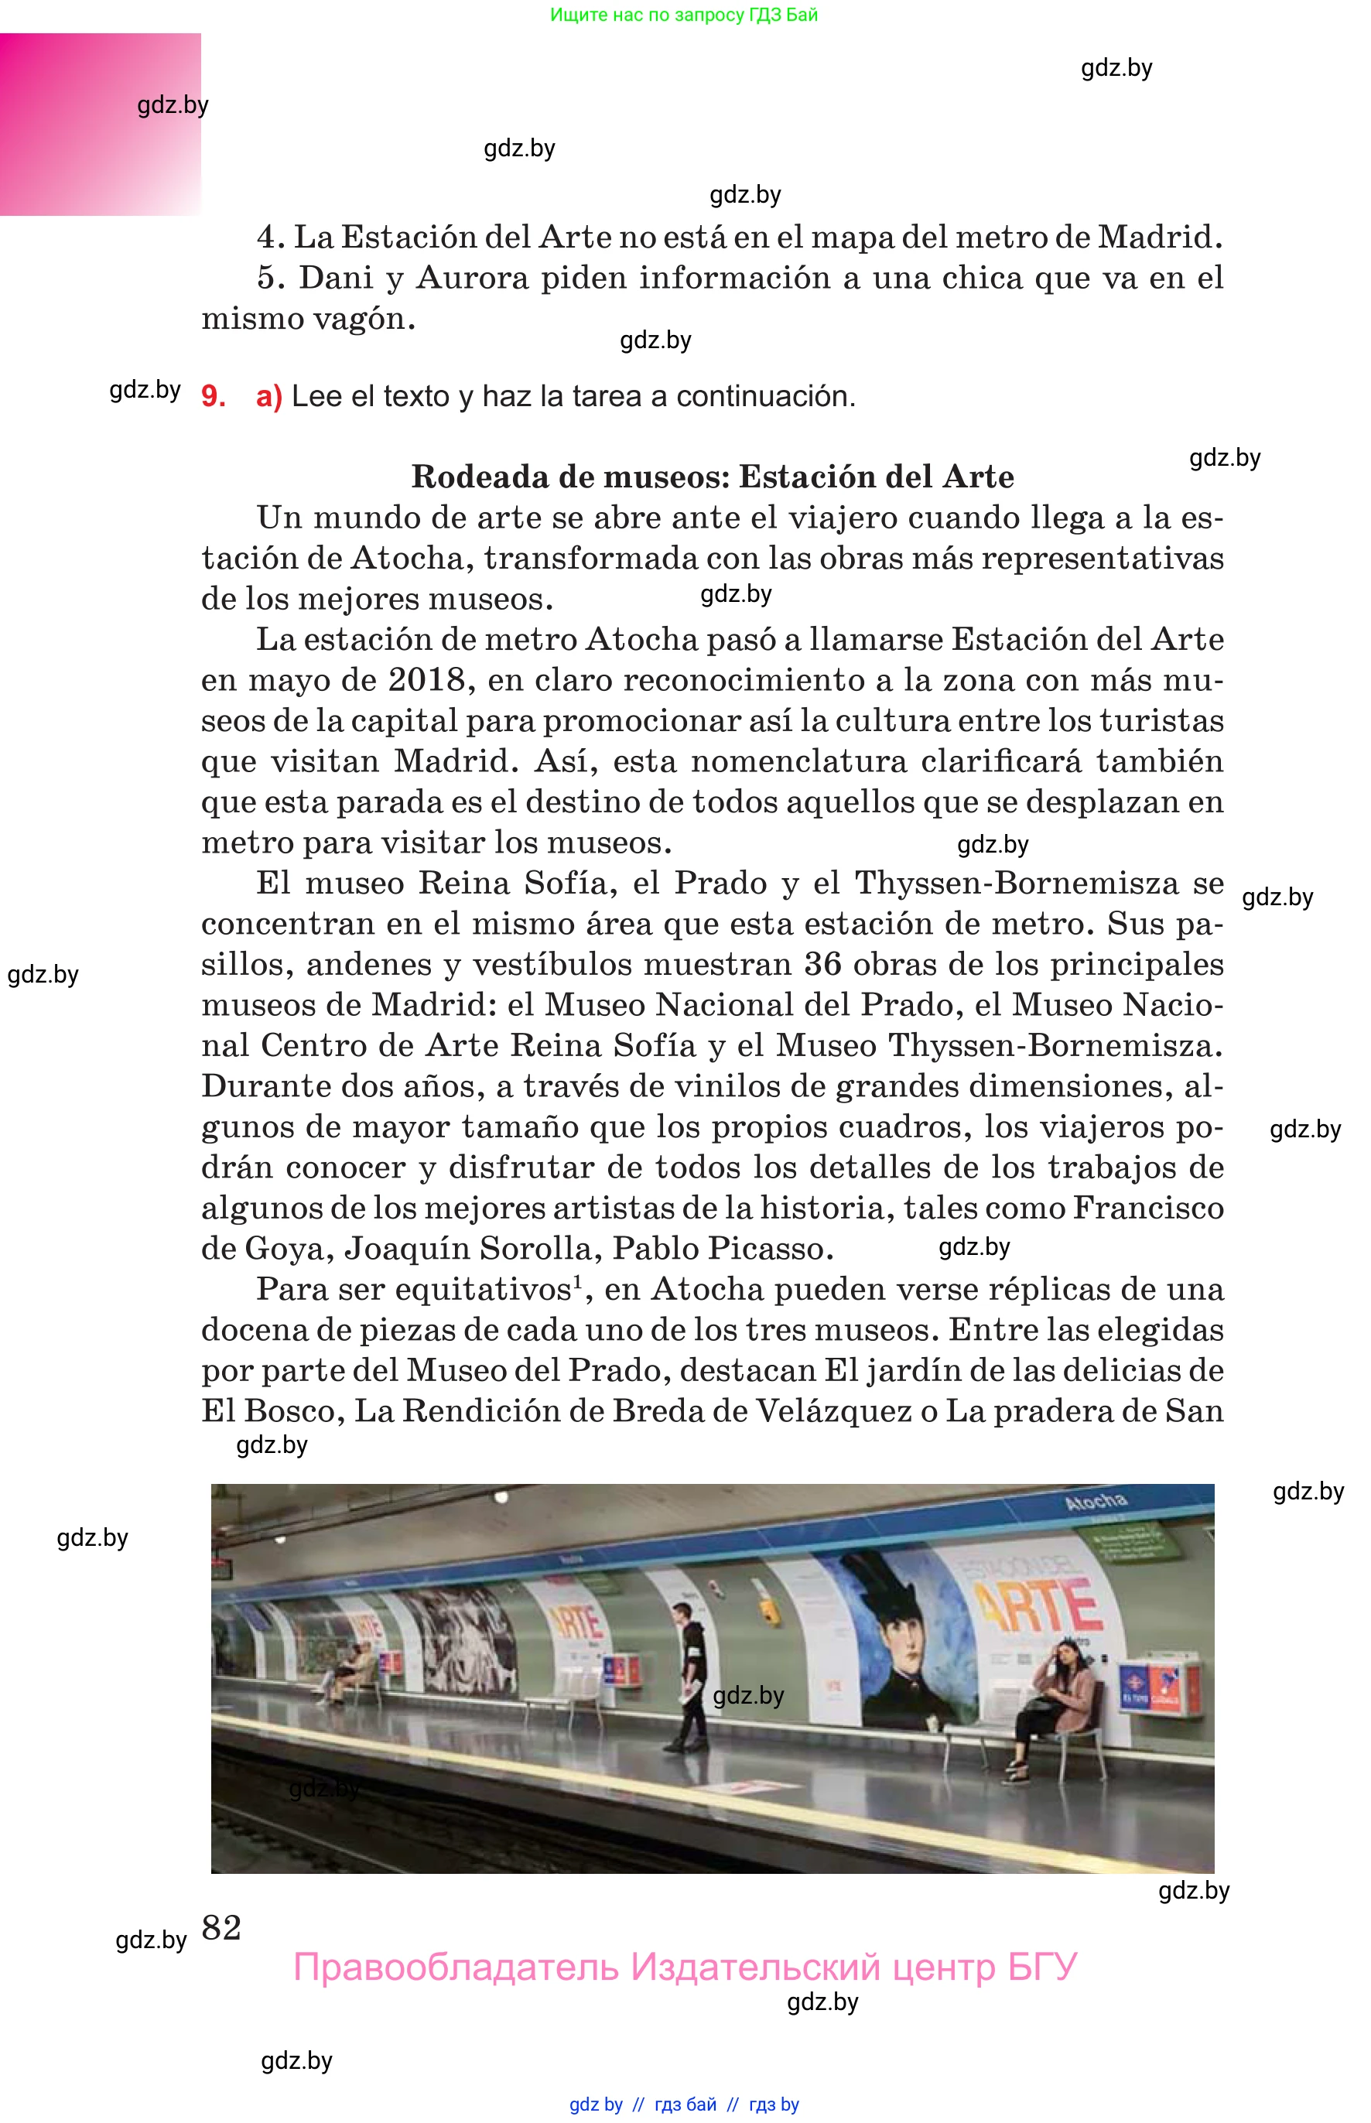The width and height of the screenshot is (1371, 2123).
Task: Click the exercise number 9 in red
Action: coord(212,396)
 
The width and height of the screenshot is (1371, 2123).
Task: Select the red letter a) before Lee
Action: coord(268,396)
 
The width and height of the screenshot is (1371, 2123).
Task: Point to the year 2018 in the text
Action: coord(426,680)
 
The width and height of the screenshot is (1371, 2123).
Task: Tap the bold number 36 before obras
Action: coord(822,964)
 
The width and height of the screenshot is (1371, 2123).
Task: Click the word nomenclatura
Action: coord(798,761)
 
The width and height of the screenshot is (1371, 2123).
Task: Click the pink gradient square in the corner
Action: coord(100,125)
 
